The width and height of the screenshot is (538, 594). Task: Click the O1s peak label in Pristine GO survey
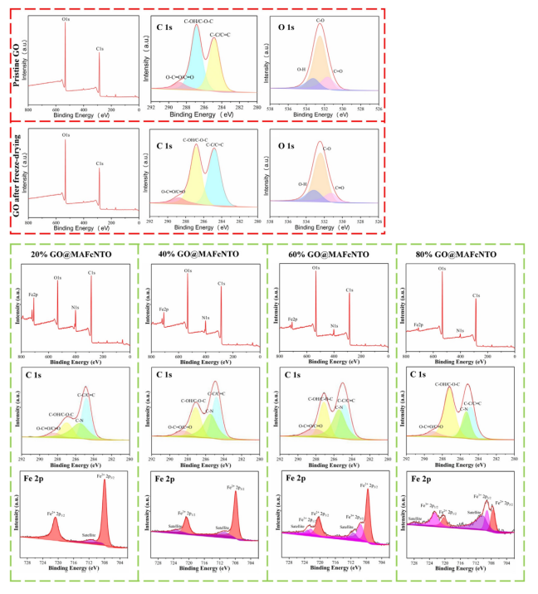point(65,14)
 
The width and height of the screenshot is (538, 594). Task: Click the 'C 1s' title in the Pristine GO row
point(166,27)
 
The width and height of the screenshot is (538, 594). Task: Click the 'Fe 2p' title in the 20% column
point(38,478)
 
